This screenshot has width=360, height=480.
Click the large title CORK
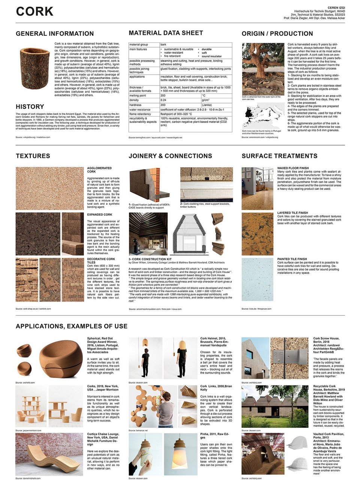[x=34, y=12]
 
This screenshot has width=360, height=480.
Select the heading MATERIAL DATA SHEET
[x=166, y=33]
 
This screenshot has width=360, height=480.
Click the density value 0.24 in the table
[x=163, y=100]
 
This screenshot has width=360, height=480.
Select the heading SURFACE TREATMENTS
[x=279, y=156]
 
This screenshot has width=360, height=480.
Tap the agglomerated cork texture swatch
[x=49, y=188]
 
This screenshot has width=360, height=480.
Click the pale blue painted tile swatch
[x=257, y=277]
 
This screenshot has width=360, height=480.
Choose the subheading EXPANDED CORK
[x=99, y=215]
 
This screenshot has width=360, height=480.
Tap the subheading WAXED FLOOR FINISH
[x=293, y=168]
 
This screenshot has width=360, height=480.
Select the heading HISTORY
[x=30, y=106]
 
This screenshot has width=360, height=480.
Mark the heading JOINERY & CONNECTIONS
[x=170, y=156]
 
